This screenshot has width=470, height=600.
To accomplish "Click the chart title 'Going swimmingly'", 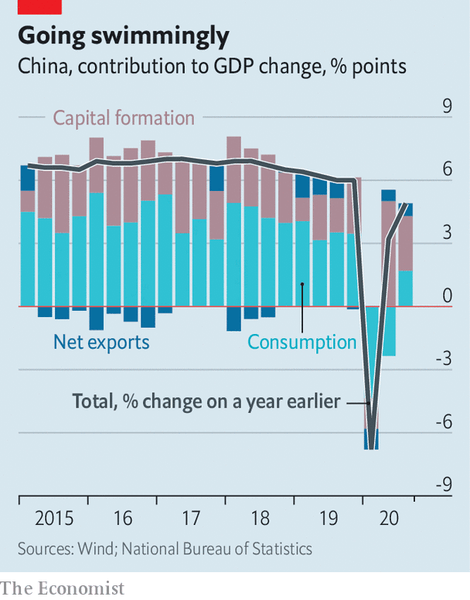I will coord(124,36).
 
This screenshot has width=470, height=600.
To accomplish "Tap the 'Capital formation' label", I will coord(124,118).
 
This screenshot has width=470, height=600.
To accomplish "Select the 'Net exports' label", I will coord(101,341).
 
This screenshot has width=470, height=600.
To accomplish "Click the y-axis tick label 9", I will coord(447,107).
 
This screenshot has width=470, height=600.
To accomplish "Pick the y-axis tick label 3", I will coord(447,233).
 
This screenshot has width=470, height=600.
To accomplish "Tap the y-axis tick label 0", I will coord(447,296).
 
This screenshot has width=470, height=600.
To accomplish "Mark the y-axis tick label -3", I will coord(443,359).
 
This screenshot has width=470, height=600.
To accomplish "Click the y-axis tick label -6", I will coord(443,422).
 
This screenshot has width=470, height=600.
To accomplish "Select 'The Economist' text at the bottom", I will coord(62,588).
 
